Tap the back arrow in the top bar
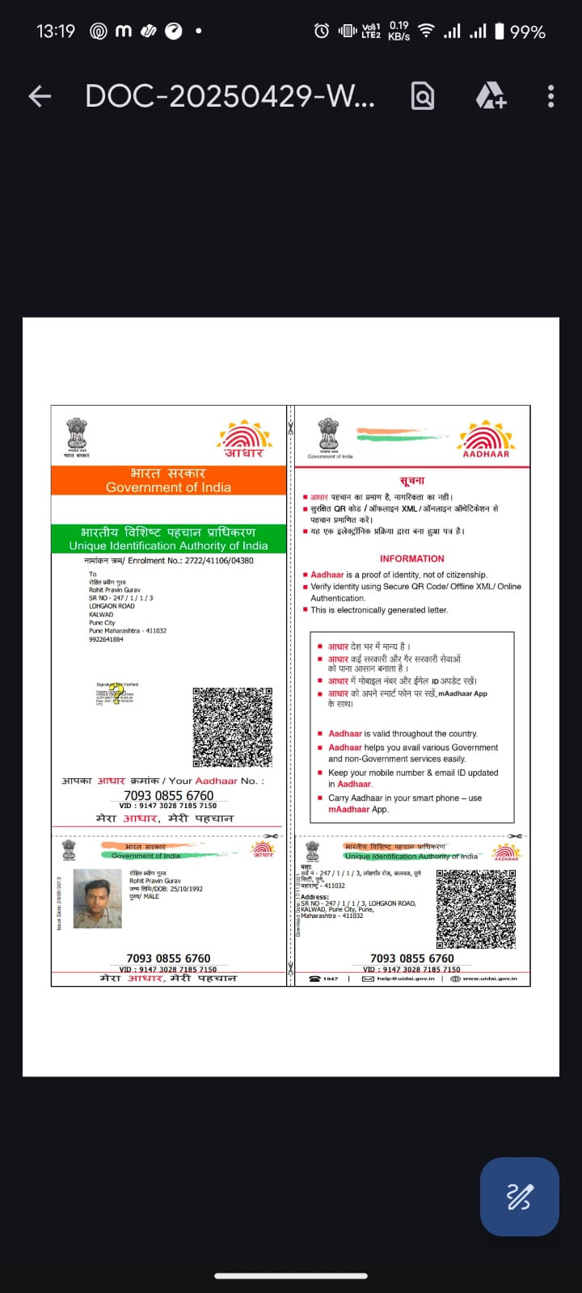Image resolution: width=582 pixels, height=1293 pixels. click(40, 97)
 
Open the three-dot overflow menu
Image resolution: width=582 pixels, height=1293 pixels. click(550, 96)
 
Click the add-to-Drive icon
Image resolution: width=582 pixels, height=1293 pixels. click(490, 96)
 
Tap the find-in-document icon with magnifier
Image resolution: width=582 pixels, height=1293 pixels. click(423, 96)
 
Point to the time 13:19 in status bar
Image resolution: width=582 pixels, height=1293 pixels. click(55, 32)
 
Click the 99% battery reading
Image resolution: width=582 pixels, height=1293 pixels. click(527, 32)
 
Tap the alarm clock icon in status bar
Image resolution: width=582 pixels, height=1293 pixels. click(321, 31)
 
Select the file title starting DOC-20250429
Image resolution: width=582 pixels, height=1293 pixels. click(230, 96)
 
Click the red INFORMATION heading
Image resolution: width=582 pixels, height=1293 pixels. click(411, 558)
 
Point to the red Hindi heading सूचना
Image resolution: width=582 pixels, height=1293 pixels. click(411, 480)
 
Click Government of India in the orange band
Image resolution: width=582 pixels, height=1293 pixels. click(168, 487)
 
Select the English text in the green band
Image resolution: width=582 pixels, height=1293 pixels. click(168, 545)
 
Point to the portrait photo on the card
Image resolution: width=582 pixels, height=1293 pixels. click(97, 899)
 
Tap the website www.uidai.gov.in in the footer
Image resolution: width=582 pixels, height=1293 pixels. click(489, 979)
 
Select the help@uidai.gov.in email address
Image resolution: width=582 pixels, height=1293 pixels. click(405, 979)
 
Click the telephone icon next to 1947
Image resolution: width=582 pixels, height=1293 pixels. click(314, 979)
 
